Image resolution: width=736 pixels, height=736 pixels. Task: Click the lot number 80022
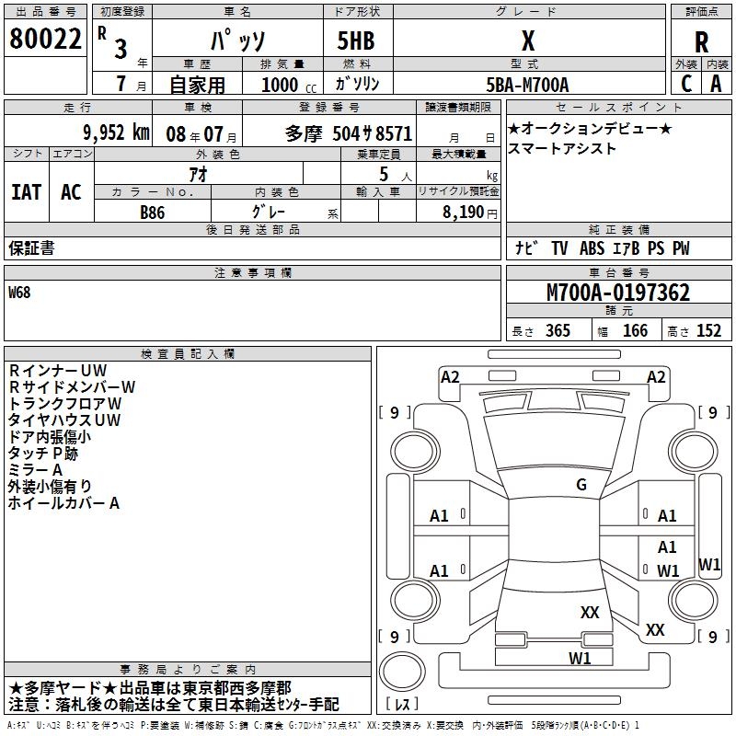46,39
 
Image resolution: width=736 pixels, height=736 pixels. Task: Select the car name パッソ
237,41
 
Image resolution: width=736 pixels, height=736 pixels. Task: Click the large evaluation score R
702,42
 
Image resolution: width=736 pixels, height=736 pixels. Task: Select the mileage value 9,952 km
115,132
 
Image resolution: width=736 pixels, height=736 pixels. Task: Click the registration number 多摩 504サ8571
349,132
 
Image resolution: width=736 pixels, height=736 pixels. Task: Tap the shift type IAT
26,192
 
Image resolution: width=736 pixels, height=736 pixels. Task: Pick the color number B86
153,211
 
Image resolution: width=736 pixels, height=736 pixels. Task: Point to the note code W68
21,293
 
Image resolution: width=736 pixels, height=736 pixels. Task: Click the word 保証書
31,248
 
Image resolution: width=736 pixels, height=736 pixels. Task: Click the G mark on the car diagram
581,485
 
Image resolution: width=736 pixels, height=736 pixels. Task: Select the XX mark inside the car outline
590,612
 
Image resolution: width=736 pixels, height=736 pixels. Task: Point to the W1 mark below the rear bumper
580,658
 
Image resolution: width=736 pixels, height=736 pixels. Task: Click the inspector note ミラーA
35,470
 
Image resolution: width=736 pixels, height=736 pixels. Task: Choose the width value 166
635,331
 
